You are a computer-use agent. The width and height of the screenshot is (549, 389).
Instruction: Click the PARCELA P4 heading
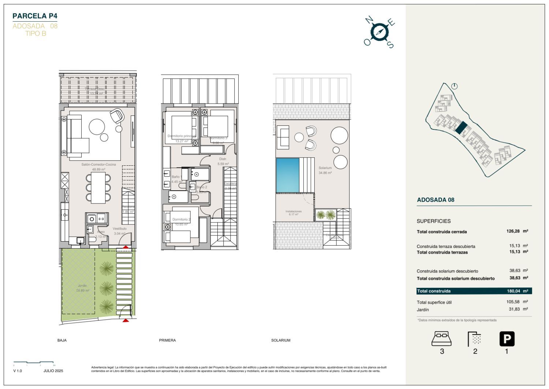pos(35,16)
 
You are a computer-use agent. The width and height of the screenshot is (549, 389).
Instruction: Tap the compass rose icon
pos(380,32)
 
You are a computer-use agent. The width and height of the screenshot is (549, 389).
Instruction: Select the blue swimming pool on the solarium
pos(288,175)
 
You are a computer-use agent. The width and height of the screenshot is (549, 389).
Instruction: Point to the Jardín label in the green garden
pos(82,286)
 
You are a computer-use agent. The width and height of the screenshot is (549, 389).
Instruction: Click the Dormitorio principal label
pos(181,136)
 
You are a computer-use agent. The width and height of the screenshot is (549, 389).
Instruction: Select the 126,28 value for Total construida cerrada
pos(513,231)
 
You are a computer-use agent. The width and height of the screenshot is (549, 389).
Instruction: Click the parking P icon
pos(507,339)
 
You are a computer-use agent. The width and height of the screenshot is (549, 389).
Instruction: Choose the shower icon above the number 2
pos(474,339)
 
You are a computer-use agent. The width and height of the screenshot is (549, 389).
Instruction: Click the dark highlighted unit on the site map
pos(462,127)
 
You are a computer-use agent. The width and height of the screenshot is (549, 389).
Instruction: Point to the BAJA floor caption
pos(62,340)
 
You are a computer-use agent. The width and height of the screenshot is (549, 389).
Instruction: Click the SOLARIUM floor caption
pos(281,340)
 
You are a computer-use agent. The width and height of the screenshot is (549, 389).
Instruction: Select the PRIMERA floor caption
pos(167,340)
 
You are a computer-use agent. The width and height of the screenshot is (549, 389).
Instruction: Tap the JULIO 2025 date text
pos(53,371)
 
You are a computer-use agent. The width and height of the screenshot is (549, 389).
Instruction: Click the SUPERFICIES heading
pos(434,221)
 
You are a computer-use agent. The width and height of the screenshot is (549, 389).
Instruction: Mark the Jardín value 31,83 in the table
pos(514,309)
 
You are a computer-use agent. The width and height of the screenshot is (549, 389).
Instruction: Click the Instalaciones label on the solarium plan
pos(294,212)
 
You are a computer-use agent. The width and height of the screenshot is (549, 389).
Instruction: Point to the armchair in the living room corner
pos(117,116)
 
